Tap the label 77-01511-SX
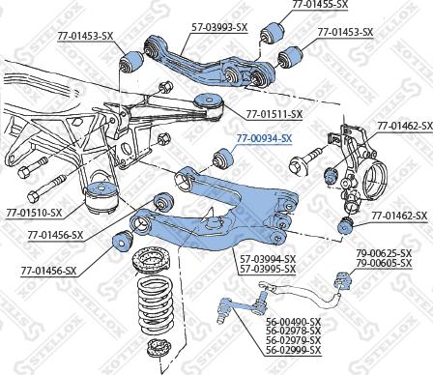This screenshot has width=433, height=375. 268,114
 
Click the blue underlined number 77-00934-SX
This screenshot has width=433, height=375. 264,137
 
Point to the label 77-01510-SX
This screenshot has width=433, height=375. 34,212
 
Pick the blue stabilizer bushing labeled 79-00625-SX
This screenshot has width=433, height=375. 339,282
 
